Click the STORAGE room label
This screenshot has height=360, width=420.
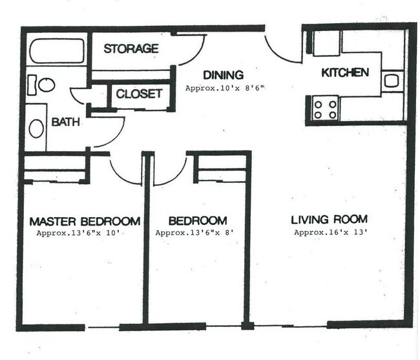pyautogui.click(x=131, y=48)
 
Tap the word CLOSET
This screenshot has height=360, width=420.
pyautogui.click(x=139, y=94)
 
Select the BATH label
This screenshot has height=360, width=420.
pyautogui.click(x=66, y=122)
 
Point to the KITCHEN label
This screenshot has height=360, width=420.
pyautogui.click(x=345, y=72)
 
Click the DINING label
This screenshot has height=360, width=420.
pyautogui.click(x=223, y=74)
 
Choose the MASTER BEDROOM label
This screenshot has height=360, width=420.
pyautogui.click(x=85, y=220)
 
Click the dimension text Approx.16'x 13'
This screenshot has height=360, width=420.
pyautogui.click(x=331, y=232)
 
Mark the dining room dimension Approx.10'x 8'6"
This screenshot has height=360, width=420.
pyautogui.click(x=226, y=87)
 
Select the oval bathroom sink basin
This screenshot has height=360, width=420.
pyautogui.click(x=37, y=127)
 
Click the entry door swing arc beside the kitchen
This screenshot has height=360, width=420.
pyautogui.click(x=281, y=50)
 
